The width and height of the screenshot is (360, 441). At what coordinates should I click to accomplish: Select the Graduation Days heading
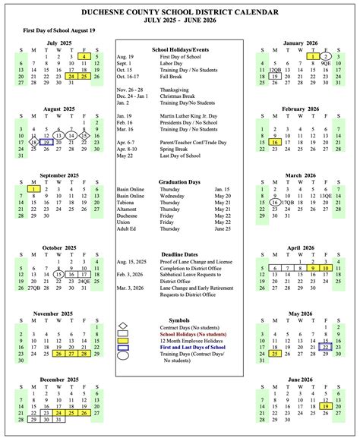[179, 182]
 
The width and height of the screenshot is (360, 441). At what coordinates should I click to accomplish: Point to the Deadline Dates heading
[179, 254]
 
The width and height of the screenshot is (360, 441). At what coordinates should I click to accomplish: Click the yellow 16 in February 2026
[275, 141]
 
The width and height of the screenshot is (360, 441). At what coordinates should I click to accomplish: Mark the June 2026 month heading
[301, 378]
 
